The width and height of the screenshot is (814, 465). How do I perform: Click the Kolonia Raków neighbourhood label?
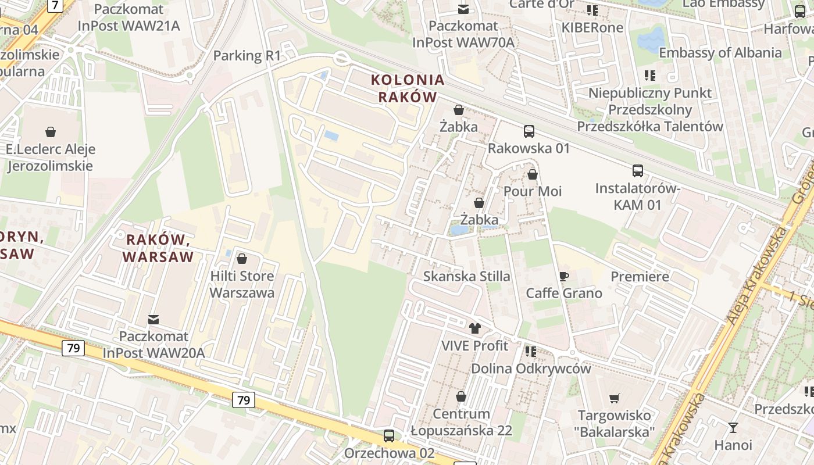[x=408, y=88]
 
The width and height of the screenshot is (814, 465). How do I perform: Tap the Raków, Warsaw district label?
[x=158, y=248]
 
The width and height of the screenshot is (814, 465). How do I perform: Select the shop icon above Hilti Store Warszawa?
[x=242, y=258]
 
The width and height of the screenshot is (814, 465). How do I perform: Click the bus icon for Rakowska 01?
[x=529, y=131]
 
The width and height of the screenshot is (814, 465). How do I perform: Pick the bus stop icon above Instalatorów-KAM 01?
[x=638, y=171]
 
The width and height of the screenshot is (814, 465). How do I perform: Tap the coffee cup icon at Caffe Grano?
[x=563, y=276]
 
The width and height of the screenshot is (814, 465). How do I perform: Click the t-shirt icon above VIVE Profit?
[x=475, y=328]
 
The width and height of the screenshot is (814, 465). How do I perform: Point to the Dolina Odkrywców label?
[x=531, y=369]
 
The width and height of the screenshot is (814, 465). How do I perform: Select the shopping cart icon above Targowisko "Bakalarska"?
[x=615, y=398]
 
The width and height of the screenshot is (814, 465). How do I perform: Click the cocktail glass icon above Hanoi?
[x=733, y=428]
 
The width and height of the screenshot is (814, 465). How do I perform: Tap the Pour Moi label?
[x=533, y=191]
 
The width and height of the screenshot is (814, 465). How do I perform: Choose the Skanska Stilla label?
[x=467, y=276]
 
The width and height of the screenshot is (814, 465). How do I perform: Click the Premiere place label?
[x=640, y=277]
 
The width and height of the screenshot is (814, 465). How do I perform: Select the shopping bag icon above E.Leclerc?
[x=51, y=132]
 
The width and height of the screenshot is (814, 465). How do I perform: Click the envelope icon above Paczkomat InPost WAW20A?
[x=153, y=319]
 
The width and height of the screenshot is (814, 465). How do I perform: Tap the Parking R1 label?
[x=247, y=56]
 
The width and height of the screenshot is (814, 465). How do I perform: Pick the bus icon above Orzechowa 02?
[x=389, y=436]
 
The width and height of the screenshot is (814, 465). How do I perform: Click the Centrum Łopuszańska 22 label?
[x=461, y=423]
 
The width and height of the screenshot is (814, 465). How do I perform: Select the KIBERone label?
[x=592, y=27]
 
